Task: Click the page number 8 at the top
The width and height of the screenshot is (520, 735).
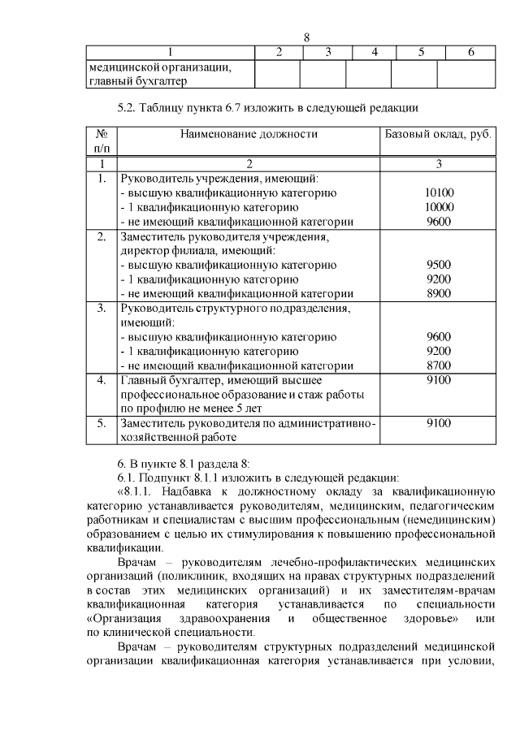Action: point(307,37)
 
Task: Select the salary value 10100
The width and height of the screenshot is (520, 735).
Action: point(439,192)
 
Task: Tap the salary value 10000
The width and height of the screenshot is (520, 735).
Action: point(439,207)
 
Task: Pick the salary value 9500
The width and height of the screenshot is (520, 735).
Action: point(438,265)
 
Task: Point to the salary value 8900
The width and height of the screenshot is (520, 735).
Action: point(438,294)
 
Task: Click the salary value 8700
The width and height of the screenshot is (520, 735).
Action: point(438,365)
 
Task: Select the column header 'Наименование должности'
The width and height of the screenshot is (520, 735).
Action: point(249,134)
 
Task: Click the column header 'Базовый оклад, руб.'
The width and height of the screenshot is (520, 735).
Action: point(438,134)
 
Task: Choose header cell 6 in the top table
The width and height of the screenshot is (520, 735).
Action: point(470,52)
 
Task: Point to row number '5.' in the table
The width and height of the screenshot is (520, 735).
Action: point(102,423)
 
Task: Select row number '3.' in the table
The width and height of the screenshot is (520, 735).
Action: point(102,308)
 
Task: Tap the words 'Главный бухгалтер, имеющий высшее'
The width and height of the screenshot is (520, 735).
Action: point(222,379)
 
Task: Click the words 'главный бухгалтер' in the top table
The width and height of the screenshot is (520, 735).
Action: point(138,81)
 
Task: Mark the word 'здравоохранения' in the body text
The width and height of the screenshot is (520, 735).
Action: point(201,620)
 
